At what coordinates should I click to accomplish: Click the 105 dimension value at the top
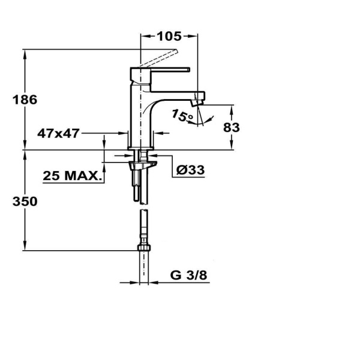(169, 36)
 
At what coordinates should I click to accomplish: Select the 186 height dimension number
(25, 100)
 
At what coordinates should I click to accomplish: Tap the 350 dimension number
(25, 202)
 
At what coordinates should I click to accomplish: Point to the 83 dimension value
(231, 127)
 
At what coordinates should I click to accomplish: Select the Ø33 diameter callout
(191, 170)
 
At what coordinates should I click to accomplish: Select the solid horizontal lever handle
(171, 70)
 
